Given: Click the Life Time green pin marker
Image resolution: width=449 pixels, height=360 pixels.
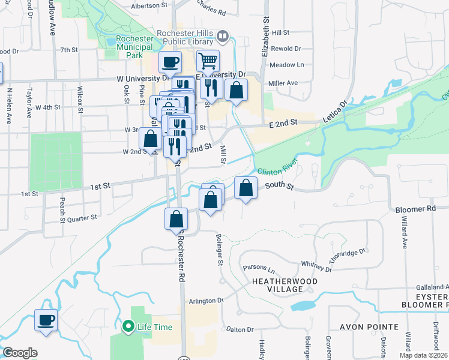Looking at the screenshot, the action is (x=128, y=327).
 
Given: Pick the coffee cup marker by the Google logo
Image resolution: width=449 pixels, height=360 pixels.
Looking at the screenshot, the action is (x=46, y=319).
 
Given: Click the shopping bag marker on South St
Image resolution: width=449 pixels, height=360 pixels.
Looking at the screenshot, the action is (x=246, y=188).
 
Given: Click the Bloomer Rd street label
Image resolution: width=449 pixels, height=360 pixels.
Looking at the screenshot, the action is (x=415, y=209).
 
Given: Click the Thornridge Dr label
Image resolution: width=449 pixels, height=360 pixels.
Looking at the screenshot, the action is (x=348, y=258).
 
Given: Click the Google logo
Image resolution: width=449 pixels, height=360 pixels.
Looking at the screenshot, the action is (x=20, y=352).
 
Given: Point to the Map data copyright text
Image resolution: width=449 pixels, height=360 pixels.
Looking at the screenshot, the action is (x=423, y=355).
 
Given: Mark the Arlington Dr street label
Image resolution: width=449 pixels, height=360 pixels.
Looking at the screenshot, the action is (x=205, y=301).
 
